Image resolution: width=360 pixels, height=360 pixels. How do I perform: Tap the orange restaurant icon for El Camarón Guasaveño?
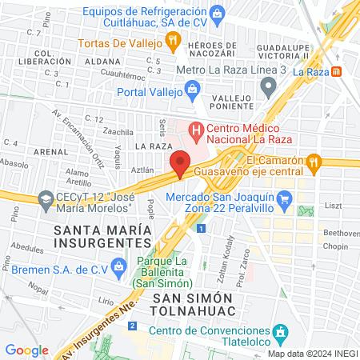point(314,162)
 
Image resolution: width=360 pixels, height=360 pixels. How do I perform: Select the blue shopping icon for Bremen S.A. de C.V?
point(119,265)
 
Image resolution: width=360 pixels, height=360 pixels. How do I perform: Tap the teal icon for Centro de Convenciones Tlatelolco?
point(281,330)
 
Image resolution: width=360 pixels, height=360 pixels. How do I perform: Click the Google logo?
point(26,350)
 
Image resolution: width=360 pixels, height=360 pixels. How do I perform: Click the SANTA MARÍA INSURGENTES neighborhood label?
point(101,238)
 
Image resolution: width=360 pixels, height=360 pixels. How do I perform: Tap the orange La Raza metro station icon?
point(337,71)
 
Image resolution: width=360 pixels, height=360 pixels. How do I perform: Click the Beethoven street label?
point(340,232)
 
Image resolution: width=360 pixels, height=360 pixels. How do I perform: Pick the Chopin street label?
point(336,246)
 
